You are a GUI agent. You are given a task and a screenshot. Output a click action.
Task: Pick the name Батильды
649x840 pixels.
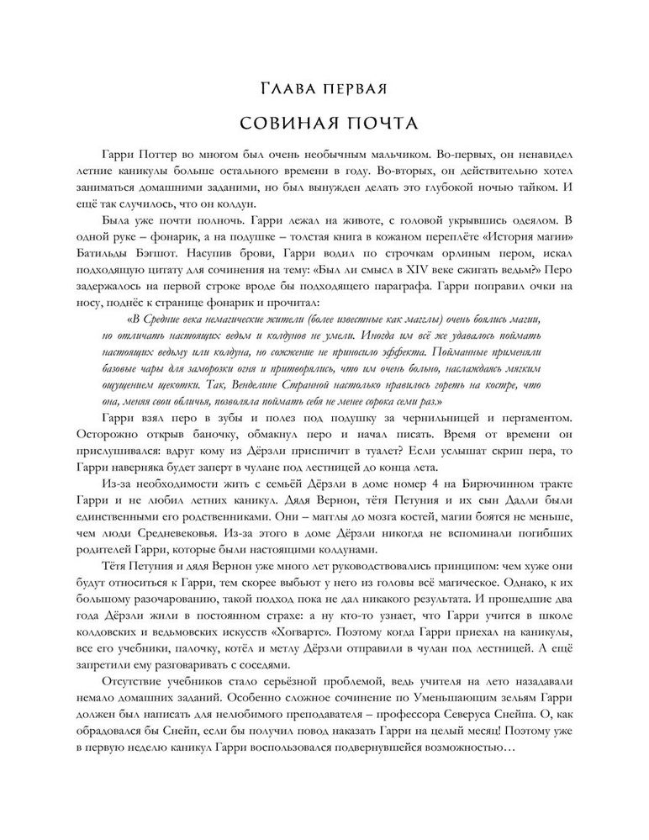(x=104, y=252)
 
